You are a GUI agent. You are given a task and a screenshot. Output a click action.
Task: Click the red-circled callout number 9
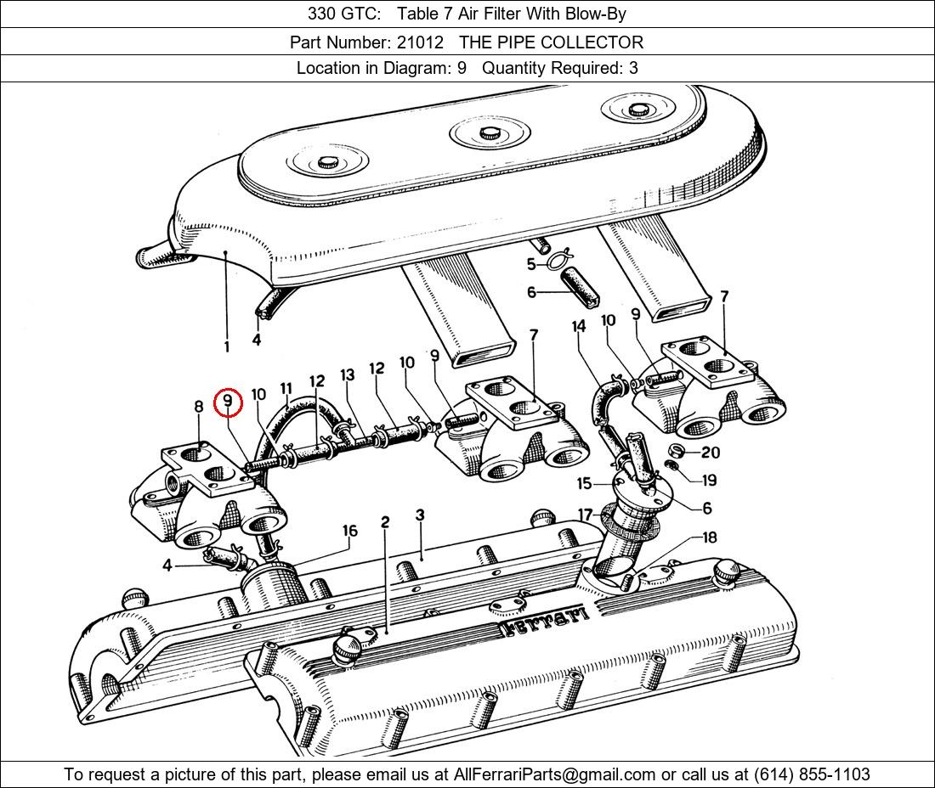[x=228, y=403]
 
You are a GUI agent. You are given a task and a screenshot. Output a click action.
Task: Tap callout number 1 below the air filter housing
[x=226, y=346]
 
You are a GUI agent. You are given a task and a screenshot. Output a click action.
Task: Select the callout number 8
[x=199, y=407]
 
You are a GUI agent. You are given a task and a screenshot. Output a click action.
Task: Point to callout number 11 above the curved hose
[x=286, y=388]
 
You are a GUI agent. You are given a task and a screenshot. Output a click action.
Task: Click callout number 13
[x=347, y=374]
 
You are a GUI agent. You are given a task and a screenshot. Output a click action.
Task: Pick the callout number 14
[x=579, y=326]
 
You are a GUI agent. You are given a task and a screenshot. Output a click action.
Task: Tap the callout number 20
[x=710, y=453]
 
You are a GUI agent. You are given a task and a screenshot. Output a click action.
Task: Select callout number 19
[x=708, y=480]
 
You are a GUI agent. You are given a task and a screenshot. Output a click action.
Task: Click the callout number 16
[x=349, y=531]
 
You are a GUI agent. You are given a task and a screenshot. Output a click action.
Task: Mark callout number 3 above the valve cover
[x=420, y=515]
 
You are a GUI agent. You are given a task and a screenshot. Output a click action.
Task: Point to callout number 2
[x=385, y=521]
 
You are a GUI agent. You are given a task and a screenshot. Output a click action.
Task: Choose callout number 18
[x=709, y=538]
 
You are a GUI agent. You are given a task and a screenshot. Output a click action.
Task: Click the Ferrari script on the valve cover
[x=545, y=622]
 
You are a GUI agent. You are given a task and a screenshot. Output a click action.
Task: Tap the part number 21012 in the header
[x=420, y=42]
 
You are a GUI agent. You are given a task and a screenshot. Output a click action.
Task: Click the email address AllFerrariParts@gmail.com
[x=555, y=774]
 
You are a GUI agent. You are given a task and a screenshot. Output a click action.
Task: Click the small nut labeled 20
[x=677, y=450]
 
